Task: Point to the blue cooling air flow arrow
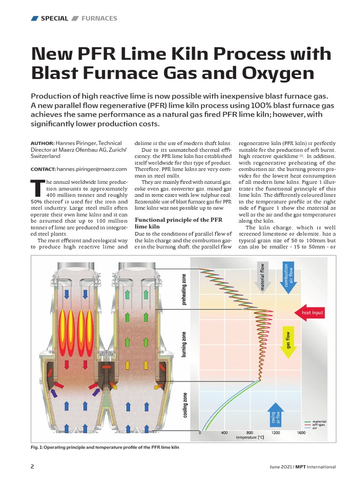(x=276, y=416)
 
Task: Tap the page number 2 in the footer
(x=32, y=466)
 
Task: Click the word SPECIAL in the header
(x=54, y=18)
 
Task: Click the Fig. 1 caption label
(x=37, y=447)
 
